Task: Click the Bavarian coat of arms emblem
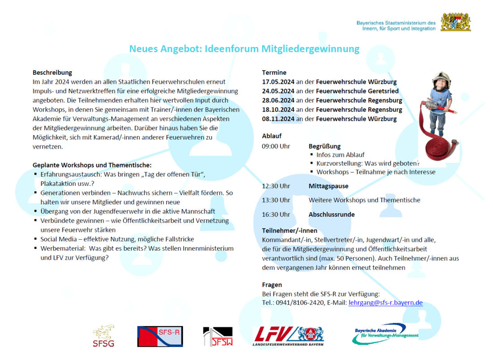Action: click(x=455, y=22)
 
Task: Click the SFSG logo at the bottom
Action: click(x=104, y=336)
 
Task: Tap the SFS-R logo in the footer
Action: click(x=160, y=336)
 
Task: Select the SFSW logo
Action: click(x=218, y=336)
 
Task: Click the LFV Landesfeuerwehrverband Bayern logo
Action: click(x=288, y=336)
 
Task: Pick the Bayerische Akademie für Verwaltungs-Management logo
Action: click(x=385, y=334)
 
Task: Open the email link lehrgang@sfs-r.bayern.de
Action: click(x=385, y=303)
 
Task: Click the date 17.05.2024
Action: click(x=278, y=82)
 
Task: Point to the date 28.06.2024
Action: click(x=278, y=100)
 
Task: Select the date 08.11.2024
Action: click(x=278, y=119)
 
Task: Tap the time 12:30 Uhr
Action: click(x=276, y=186)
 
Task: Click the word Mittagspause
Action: click(x=329, y=186)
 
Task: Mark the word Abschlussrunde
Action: click(x=331, y=214)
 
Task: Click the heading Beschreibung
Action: click(x=52, y=72)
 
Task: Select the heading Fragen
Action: click(x=272, y=284)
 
